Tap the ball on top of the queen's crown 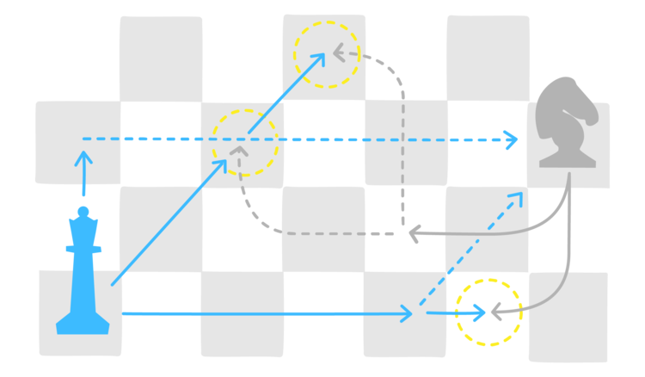[x=83, y=211]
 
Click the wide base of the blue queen [x=83, y=325]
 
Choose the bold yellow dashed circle [x=488, y=312]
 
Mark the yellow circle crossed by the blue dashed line [x=244, y=143]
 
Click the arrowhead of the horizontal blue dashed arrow [x=513, y=139]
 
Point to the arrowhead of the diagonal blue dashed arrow [x=518, y=197]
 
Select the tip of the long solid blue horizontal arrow [x=408, y=314]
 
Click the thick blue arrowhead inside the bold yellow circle [x=478, y=312]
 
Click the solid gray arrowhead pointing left [x=412, y=232]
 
